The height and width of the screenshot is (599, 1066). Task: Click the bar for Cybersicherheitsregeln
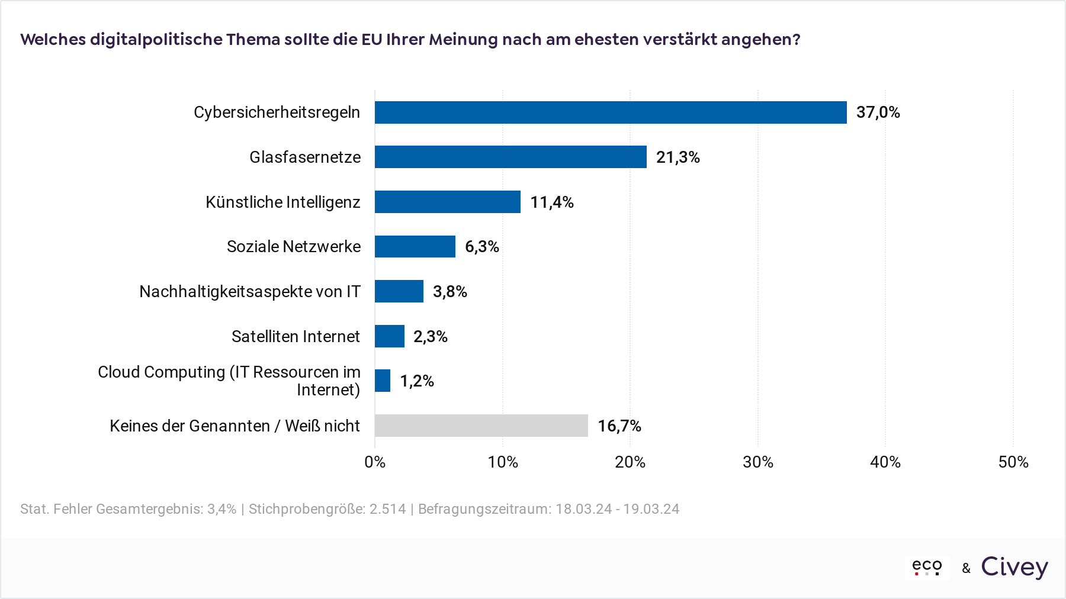611,112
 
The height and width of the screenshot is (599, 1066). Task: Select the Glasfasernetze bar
510,157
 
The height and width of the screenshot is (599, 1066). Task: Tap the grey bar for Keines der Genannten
481,426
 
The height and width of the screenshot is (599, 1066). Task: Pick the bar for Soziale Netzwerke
415,246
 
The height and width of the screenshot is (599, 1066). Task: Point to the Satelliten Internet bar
390,336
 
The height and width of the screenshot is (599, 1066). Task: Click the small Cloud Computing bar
383,381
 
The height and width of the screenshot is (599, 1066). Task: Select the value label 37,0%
878,112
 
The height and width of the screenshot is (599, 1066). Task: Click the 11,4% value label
552,202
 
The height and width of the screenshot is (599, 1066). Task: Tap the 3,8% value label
450,292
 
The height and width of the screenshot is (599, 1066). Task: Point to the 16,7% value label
619,426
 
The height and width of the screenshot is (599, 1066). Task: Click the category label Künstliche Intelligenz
283,202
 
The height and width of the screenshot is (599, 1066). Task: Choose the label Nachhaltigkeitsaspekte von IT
250,292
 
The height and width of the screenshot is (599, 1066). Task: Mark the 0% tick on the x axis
375,462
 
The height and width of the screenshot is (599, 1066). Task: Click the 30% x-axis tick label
758,462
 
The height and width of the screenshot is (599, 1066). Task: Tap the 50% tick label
1013,462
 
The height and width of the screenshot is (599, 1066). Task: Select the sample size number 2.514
388,509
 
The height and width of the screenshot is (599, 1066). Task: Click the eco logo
927,567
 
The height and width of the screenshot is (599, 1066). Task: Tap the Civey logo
1014,567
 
